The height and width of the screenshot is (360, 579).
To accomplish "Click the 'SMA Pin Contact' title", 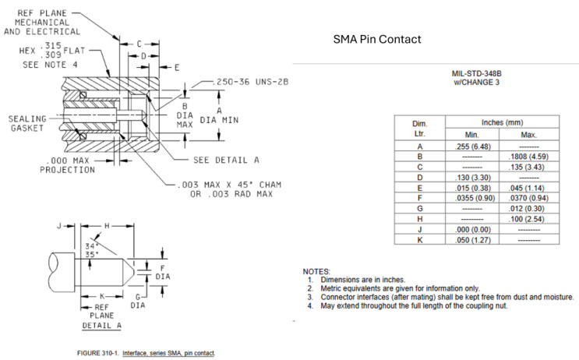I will [377, 39].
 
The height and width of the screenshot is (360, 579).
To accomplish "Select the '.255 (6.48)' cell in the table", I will [471, 146].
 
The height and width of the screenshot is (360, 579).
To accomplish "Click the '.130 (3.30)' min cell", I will [471, 178].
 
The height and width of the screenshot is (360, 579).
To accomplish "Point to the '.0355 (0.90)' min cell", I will [471, 199].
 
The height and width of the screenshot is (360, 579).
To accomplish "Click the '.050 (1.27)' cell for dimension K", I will [471, 242].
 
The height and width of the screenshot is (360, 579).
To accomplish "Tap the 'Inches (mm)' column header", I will [500, 122].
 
